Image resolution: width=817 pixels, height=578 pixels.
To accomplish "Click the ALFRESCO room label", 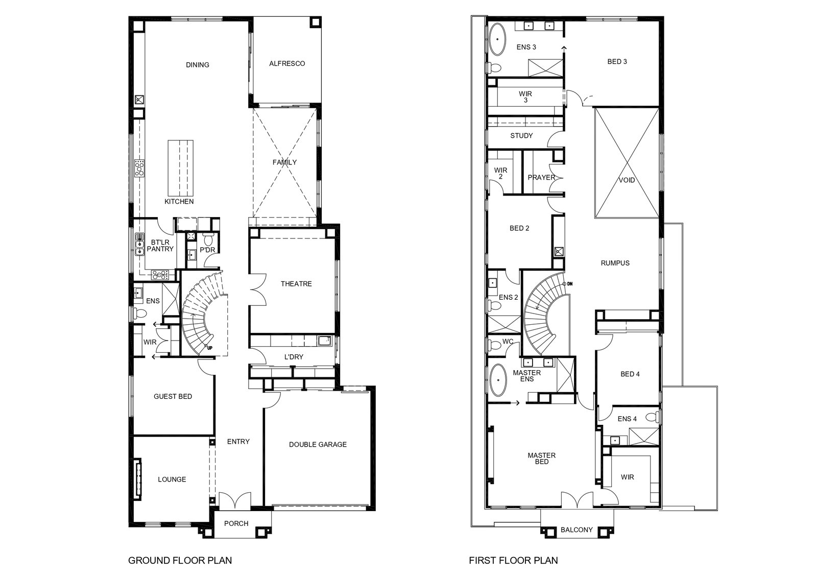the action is [x=287, y=63].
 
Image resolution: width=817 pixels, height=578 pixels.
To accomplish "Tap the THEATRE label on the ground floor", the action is [x=296, y=284].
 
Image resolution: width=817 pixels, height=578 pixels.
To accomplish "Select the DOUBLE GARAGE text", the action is [x=318, y=445].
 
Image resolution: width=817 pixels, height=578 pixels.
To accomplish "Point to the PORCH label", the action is [x=236, y=524].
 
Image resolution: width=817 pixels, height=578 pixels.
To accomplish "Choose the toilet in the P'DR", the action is [x=209, y=239].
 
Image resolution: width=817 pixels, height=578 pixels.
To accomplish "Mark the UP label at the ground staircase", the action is [x=210, y=348].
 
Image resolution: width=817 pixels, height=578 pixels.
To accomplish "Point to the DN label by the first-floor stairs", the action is [x=570, y=284].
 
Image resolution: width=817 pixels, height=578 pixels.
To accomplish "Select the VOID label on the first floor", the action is [x=627, y=180].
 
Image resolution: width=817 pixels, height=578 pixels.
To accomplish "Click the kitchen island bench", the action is [x=181, y=168].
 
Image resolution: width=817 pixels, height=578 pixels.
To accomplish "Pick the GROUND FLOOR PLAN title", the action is [x=180, y=560].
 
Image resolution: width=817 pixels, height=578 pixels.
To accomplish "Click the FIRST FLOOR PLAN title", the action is [x=513, y=560].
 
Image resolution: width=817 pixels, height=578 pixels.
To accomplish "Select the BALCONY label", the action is [x=576, y=529].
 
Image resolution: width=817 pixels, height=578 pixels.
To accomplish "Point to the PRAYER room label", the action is [x=541, y=178].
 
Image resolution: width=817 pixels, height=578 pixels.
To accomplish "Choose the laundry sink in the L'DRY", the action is [x=324, y=341].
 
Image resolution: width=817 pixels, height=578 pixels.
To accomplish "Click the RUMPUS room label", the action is [x=615, y=263].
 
